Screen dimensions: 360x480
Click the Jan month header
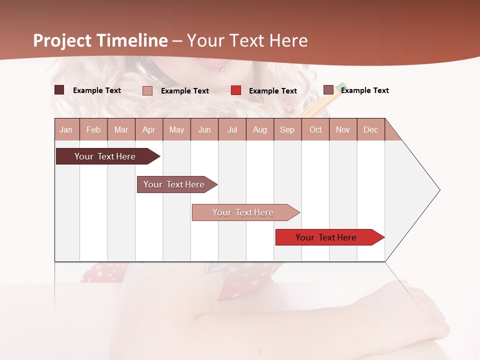[x=66, y=129]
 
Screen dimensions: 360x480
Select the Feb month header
[x=93, y=129]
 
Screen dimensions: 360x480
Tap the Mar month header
[x=121, y=129]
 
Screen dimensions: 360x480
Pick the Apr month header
[x=149, y=129]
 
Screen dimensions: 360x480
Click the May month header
[x=176, y=129]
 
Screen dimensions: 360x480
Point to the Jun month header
[x=204, y=129]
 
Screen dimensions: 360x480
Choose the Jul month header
[x=232, y=129]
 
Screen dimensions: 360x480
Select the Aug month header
[x=260, y=129]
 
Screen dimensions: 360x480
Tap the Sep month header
[x=287, y=129]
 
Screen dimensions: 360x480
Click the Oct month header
[x=315, y=129]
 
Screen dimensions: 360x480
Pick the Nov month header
[x=343, y=129]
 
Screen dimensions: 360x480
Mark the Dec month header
[x=371, y=129]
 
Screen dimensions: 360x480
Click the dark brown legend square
[x=59, y=90]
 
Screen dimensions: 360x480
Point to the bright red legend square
[x=236, y=90]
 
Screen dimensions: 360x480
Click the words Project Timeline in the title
[x=100, y=40]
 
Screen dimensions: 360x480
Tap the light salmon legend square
[x=147, y=90]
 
